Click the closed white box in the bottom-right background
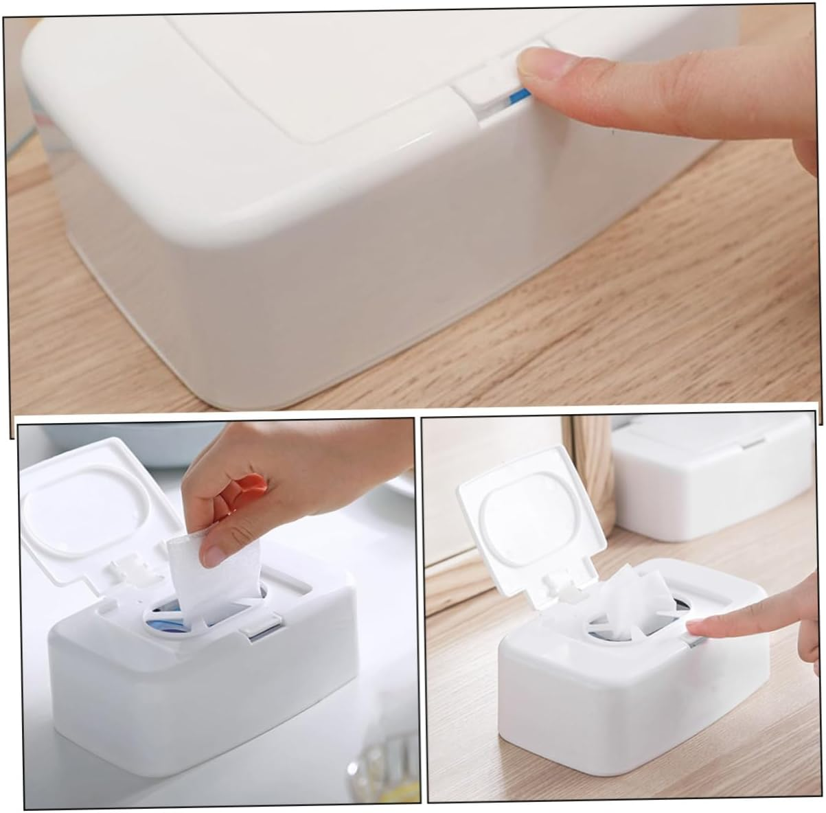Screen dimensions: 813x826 (x=714, y=481)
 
